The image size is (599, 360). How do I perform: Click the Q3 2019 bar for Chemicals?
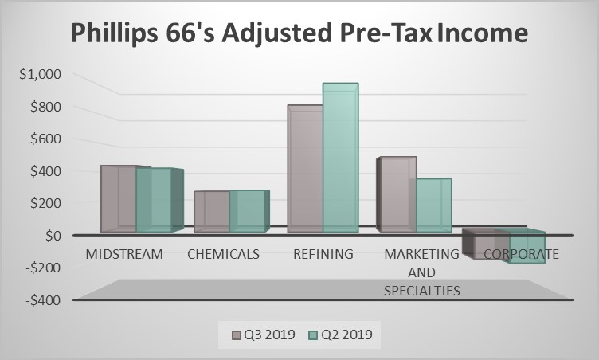point(211,212)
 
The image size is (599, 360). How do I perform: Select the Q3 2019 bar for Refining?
point(305,169)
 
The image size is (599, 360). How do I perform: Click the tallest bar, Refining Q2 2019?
point(340,158)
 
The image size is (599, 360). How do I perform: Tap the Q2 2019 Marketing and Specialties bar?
point(434,205)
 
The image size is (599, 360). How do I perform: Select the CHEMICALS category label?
point(224,255)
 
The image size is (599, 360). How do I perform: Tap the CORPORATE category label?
point(521,255)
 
